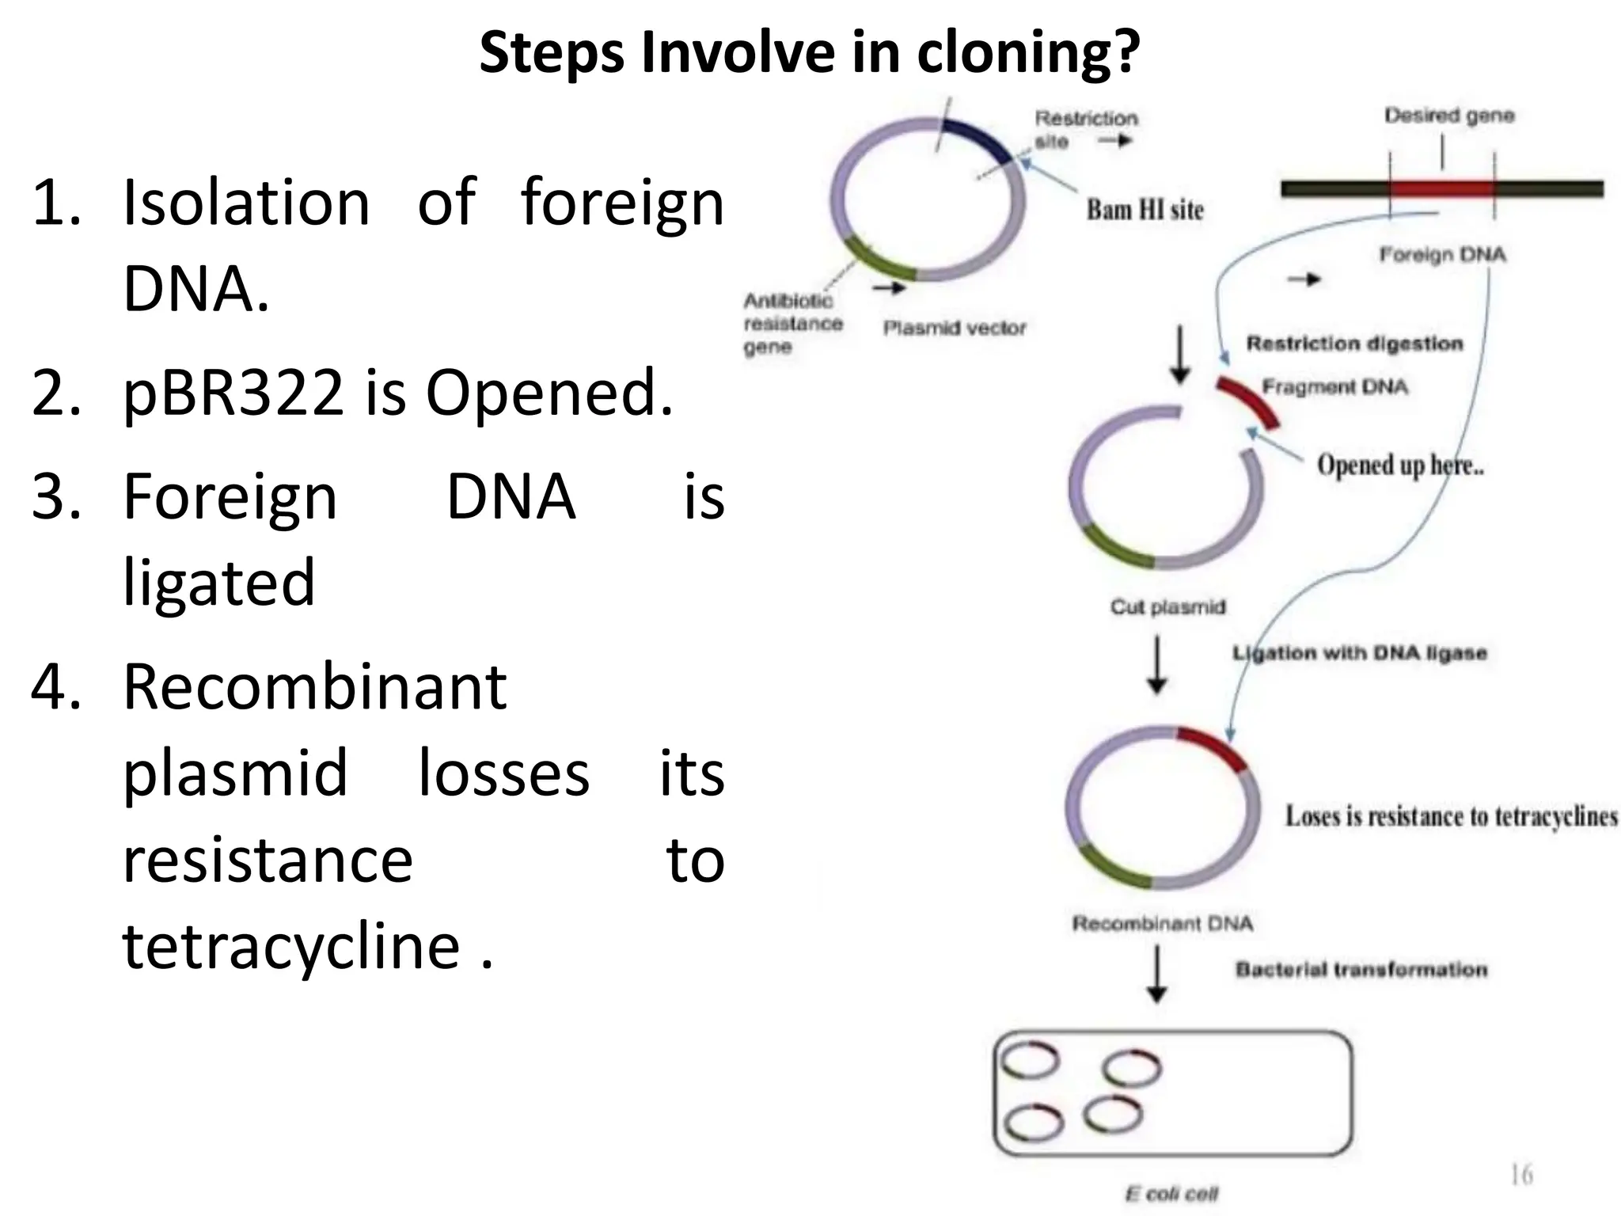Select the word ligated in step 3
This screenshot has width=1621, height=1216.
click(x=219, y=582)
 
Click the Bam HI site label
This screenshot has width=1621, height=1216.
click(x=1145, y=210)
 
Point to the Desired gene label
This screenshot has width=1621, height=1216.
click(x=1448, y=116)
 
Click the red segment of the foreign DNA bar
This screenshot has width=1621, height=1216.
click(x=1441, y=189)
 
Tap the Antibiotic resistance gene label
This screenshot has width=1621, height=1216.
click(x=792, y=324)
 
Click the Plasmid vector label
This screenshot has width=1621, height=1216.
click(x=954, y=328)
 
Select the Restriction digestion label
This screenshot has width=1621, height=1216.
click(x=1354, y=344)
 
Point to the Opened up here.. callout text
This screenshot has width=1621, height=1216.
click(x=1399, y=465)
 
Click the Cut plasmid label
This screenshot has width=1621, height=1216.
click(x=1167, y=607)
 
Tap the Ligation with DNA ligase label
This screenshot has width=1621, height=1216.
click(x=1360, y=653)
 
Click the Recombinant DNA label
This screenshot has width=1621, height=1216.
click(x=1162, y=924)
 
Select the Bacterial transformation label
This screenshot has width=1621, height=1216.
click(x=1361, y=970)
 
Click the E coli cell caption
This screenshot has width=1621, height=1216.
click(x=1171, y=1193)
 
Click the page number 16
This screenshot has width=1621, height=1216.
click(x=1521, y=1174)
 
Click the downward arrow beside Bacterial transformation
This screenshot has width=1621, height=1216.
click(x=1157, y=975)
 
